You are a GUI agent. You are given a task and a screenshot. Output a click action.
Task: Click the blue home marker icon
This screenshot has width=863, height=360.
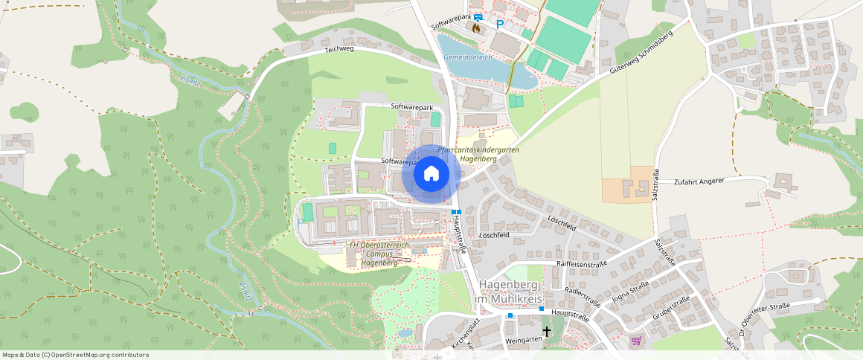point(431,174)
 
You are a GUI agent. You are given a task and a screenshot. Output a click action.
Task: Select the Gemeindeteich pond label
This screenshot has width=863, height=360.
point(467,57)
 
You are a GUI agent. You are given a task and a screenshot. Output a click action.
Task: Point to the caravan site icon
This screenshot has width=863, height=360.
point(478,16)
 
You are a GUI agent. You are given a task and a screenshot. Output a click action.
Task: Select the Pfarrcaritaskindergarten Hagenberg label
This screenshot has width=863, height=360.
point(478,155)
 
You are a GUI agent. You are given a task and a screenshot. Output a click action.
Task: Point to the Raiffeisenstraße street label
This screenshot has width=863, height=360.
point(583,263)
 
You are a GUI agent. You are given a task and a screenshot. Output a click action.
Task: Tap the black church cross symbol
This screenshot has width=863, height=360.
point(547,332)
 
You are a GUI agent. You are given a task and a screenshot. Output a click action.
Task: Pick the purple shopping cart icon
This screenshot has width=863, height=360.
point(636,341)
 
